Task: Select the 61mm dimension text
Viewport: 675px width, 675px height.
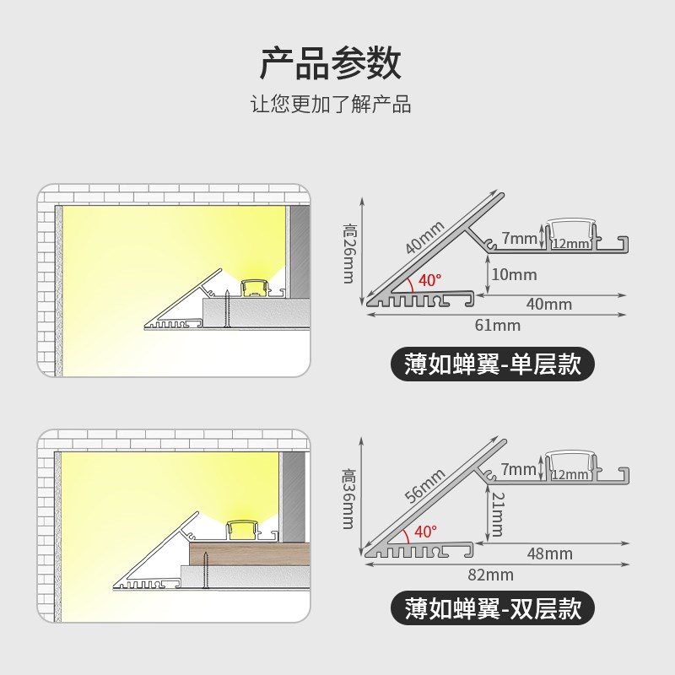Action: pyautogui.click(x=499, y=325)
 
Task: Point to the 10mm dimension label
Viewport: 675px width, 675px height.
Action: pyautogui.click(x=514, y=274)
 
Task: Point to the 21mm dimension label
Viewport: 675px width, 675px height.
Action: pyautogui.click(x=497, y=514)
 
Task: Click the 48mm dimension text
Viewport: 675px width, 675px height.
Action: pyautogui.click(x=549, y=553)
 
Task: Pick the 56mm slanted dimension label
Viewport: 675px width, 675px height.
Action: pyautogui.click(x=425, y=486)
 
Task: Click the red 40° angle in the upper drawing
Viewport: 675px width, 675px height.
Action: pyautogui.click(x=429, y=278)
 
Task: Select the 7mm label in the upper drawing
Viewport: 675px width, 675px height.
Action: pyautogui.click(x=519, y=239)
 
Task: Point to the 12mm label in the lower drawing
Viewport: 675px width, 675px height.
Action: pyautogui.click(x=570, y=475)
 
